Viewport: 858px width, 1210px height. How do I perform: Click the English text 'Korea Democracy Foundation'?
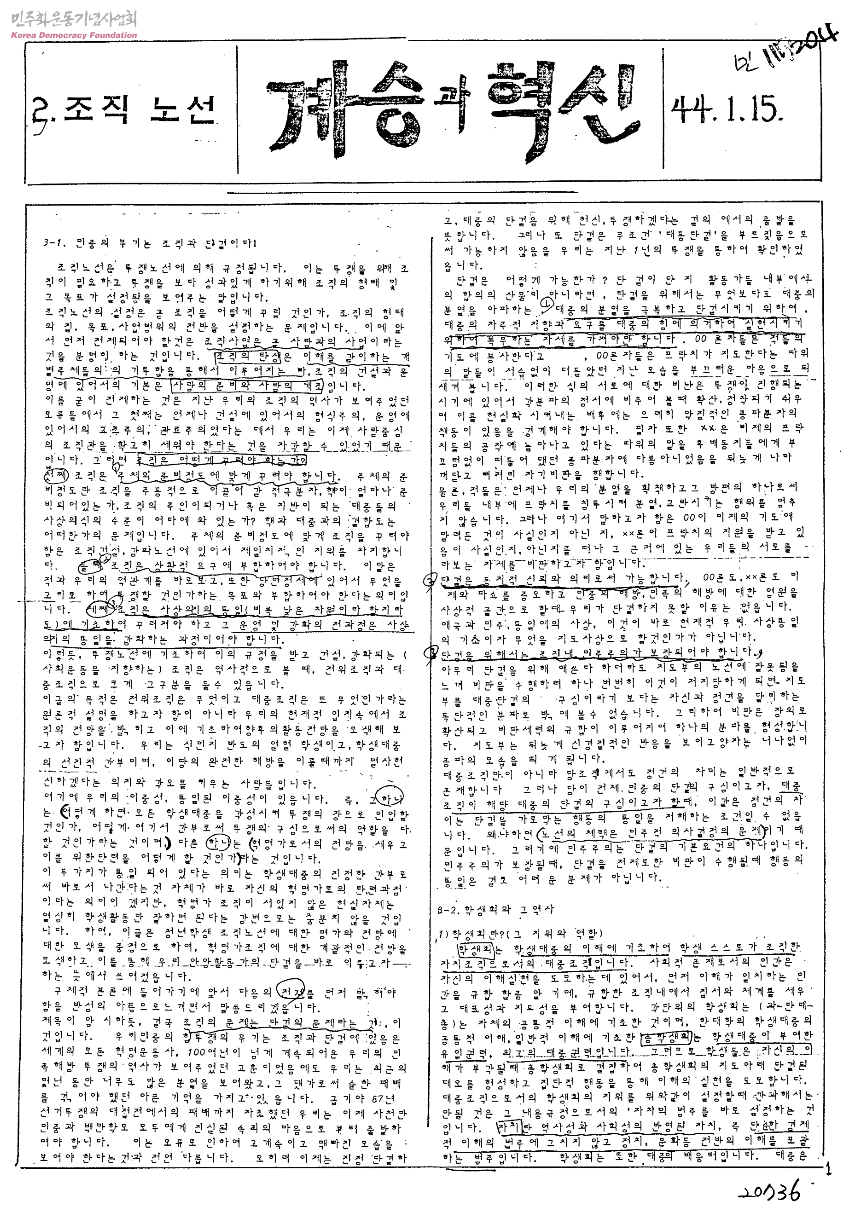coord(74,36)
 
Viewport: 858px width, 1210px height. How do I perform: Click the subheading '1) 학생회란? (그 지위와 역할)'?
coord(520,933)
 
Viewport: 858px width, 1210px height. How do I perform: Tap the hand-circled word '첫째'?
coord(55,476)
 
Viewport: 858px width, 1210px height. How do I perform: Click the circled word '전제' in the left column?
coord(293,991)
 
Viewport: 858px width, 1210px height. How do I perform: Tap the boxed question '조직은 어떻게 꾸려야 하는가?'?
coord(222,460)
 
